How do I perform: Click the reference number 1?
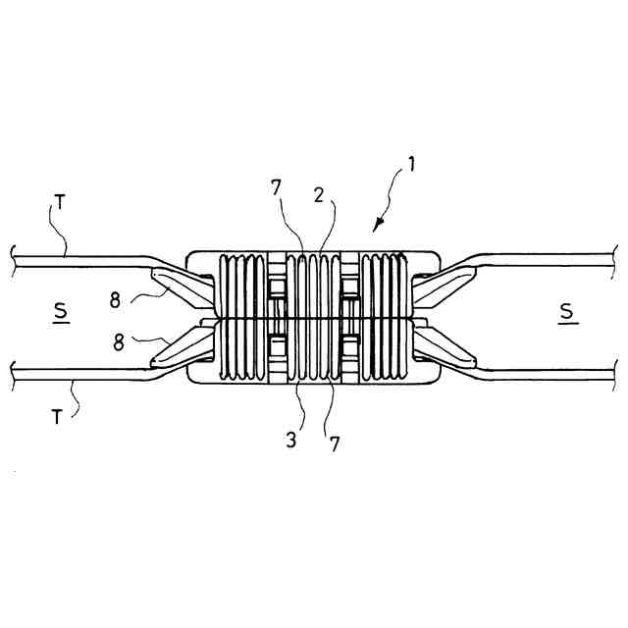click(412, 164)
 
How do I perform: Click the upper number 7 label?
click(277, 186)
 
